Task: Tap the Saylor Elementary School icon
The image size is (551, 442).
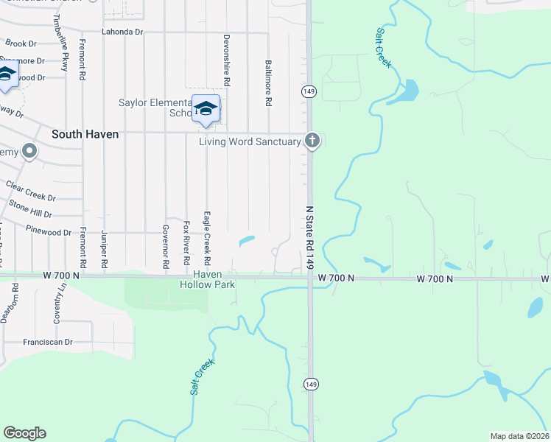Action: coord(206,109)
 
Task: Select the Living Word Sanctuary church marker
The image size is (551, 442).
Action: coord(312,140)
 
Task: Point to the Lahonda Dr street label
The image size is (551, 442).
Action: coord(122,32)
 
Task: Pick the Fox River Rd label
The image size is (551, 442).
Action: coord(187,243)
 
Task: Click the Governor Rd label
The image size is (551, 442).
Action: coord(166,245)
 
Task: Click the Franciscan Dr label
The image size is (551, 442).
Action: coord(48,342)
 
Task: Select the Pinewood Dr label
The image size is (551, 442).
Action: coord(47,232)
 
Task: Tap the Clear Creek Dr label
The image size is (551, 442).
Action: coord(30,192)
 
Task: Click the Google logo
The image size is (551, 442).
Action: coord(24,433)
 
